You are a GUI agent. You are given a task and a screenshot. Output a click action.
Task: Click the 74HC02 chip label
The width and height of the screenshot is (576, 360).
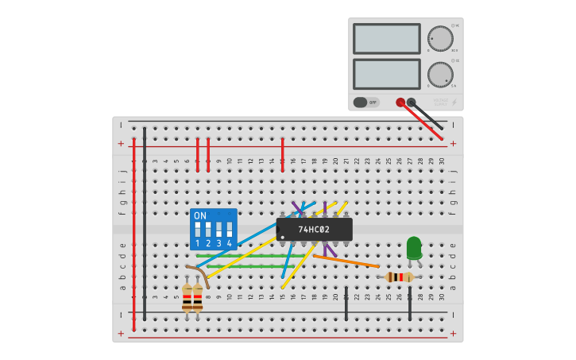(x=314, y=230)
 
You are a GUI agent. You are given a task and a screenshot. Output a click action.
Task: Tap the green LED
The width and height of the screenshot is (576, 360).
(x=413, y=247)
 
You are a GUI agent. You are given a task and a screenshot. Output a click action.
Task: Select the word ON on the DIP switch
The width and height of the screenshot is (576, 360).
(x=200, y=216)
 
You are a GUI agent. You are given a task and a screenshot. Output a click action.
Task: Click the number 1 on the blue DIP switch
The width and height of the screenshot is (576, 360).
(x=198, y=243)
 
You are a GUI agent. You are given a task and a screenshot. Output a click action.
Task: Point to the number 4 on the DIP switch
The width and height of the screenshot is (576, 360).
(x=229, y=243)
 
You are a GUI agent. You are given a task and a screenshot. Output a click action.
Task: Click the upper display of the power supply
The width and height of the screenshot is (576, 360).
(x=386, y=38)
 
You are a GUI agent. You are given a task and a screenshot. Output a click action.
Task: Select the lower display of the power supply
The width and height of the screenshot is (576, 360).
(x=386, y=74)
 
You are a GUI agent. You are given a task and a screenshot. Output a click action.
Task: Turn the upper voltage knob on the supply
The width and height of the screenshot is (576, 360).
(x=440, y=38)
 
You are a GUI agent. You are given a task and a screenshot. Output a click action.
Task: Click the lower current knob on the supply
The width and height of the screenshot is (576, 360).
(x=440, y=74)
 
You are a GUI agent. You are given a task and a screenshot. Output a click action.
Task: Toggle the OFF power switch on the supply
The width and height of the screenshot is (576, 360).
(x=366, y=102)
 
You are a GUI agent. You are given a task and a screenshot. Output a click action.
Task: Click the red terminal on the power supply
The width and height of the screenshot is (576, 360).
(x=400, y=102)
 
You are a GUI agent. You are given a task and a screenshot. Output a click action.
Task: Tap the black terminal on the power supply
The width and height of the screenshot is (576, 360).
(x=411, y=102)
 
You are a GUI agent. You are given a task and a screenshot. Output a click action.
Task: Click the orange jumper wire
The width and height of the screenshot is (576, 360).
(x=346, y=261)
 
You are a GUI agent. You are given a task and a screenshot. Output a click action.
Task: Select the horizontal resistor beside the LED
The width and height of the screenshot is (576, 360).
(x=399, y=277)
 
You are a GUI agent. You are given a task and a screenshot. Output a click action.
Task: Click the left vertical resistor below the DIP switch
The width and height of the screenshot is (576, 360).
(x=187, y=299)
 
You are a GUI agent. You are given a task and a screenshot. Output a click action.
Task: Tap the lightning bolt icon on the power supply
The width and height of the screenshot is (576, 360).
(x=454, y=103)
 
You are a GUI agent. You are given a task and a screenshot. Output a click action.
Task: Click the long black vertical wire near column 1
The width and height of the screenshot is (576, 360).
(x=145, y=223)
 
